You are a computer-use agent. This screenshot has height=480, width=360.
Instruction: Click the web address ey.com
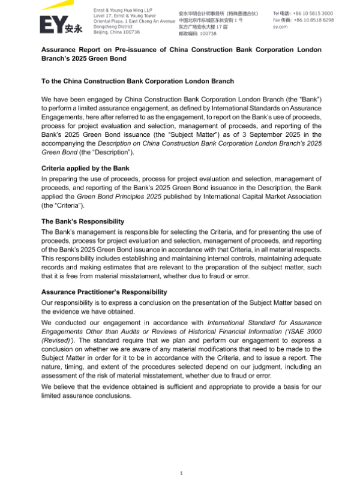[x=281, y=26]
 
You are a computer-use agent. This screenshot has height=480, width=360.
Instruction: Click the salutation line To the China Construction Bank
[x=137, y=81]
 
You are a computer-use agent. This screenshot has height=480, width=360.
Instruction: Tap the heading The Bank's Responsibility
[x=82, y=221]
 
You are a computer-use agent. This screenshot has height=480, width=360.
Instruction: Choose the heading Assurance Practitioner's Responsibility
[x=104, y=292]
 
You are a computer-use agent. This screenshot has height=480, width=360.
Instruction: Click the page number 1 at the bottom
[x=181, y=473]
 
